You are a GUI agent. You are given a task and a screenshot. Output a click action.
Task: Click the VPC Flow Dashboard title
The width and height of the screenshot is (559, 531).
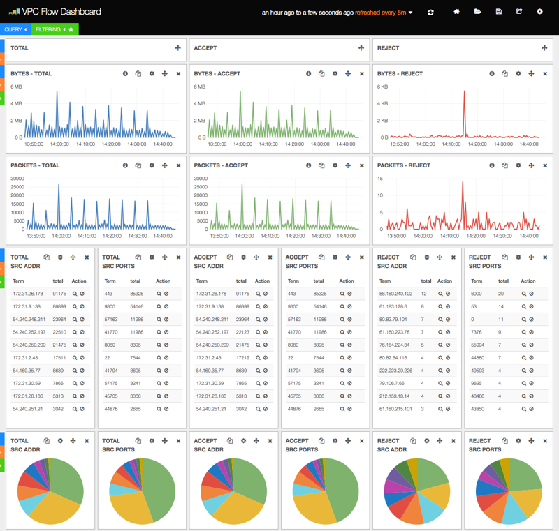[61, 12]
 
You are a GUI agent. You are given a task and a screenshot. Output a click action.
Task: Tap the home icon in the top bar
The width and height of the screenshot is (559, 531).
[457, 12]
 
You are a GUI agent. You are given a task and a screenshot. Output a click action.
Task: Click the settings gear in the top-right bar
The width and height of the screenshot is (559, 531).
[539, 12]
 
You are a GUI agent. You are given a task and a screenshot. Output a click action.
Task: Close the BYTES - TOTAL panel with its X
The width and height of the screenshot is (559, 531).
[178, 73]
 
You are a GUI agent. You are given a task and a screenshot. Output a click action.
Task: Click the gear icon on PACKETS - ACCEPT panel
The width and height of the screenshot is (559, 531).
[335, 165]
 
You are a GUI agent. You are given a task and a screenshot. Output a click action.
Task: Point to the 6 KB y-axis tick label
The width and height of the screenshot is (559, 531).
[383, 87]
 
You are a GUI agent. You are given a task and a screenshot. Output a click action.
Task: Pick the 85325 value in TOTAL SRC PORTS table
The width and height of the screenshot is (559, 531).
[139, 294]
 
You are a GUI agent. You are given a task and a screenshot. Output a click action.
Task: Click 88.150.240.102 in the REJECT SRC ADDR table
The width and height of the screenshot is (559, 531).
[395, 294]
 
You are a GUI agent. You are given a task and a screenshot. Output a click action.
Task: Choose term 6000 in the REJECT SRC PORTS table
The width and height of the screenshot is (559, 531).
[477, 294]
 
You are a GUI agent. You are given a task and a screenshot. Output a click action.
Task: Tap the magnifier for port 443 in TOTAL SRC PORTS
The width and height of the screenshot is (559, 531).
[159, 294]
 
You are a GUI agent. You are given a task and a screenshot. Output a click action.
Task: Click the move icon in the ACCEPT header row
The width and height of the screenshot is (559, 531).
[361, 48]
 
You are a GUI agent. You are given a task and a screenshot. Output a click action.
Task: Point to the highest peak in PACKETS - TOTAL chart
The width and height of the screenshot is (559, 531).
[59, 186]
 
